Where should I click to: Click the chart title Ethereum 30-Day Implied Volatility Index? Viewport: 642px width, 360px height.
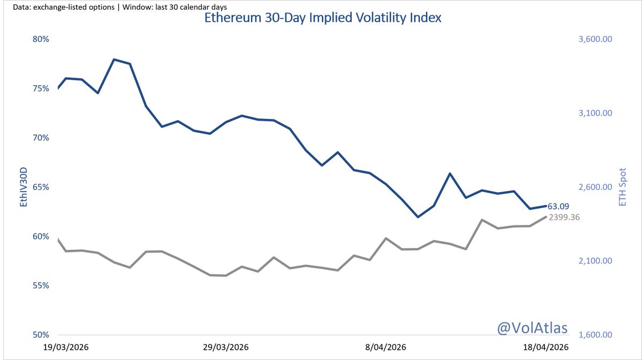(x=323, y=18)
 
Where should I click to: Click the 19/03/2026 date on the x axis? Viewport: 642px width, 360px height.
(x=66, y=347)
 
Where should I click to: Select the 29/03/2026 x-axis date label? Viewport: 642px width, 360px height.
(x=226, y=347)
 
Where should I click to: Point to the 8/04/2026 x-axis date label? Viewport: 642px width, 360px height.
(x=386, y=347)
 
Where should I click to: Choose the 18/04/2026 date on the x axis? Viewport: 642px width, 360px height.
(x=546, y=347)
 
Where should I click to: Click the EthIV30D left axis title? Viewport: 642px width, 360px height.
(x=23, y=186)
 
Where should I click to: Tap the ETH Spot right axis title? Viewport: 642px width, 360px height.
(x=623, y=186)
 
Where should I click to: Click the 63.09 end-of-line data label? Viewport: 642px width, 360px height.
(x=558, y=206)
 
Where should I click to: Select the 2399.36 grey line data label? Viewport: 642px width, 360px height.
(x=564, y=217)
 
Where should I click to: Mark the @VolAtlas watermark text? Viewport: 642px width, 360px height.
(x=532, y=327)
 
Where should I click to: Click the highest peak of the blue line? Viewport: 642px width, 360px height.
(x=114, y=59)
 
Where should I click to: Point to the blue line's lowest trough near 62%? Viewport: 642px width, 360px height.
(x=418, y=217)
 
